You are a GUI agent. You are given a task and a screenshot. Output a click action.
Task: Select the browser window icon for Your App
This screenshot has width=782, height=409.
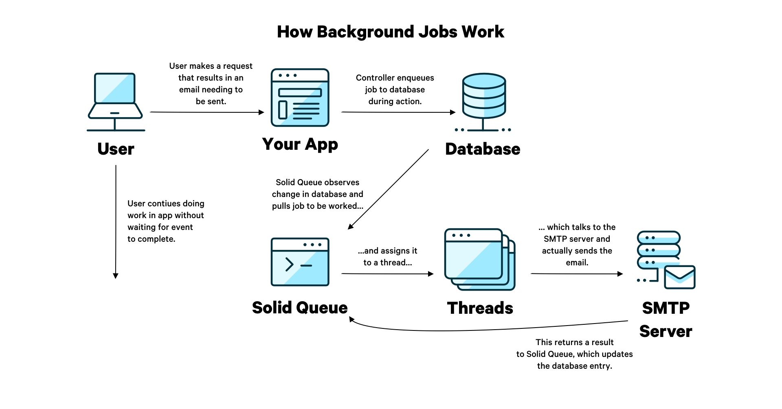point(300,98)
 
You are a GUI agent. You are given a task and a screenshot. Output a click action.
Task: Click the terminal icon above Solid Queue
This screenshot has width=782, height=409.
point(300,262)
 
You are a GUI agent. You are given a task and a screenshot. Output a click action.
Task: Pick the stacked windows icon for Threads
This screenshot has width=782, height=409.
point(479,259)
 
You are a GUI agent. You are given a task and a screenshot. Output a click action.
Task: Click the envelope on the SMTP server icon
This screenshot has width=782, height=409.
point(679,277)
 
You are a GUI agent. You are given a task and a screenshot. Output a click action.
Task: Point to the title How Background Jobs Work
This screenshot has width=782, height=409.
point(390,32)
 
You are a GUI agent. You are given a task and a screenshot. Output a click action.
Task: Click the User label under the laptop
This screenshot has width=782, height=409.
point(116,149)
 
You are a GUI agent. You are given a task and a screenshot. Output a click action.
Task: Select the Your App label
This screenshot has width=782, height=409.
point(300,144)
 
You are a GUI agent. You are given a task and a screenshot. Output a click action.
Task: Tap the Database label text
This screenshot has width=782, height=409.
point(483,149)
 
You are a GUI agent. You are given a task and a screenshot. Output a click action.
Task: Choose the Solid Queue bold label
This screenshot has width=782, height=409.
point(300,308)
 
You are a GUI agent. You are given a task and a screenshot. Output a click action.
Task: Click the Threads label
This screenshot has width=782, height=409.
point(480,308)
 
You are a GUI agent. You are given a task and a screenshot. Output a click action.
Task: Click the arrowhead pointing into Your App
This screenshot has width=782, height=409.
point(261,112)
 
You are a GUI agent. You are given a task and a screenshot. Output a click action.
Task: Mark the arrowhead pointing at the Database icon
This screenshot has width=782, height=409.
point(453,112)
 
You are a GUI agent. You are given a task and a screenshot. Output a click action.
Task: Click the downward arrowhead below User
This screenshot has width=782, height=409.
point(116,276)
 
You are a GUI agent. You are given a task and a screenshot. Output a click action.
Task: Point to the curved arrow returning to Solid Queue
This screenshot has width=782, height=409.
point(468,329)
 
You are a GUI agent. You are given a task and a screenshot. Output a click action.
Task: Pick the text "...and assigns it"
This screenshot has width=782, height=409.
point(387,251)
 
